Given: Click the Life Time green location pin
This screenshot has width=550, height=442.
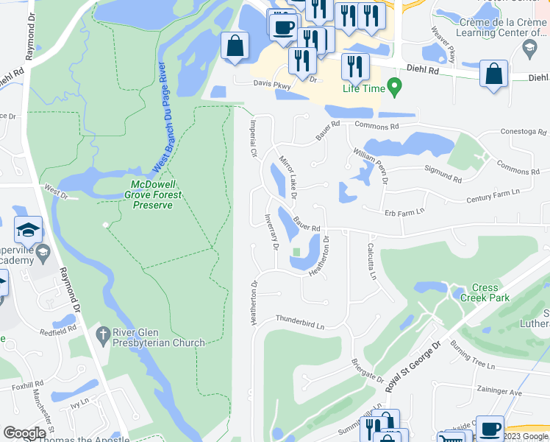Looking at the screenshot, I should coord(393,88).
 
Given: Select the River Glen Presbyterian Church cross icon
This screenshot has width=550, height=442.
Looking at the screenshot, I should coord(103,336).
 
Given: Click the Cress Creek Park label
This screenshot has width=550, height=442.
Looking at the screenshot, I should coord(485,292).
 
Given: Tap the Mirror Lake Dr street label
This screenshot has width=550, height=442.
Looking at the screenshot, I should coord(287,178).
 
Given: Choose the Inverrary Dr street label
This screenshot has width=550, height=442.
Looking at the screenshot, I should coord(271,231).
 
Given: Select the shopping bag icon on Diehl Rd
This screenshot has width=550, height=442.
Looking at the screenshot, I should coord(493,74).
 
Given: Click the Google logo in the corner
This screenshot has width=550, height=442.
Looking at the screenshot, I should coord(24,433).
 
